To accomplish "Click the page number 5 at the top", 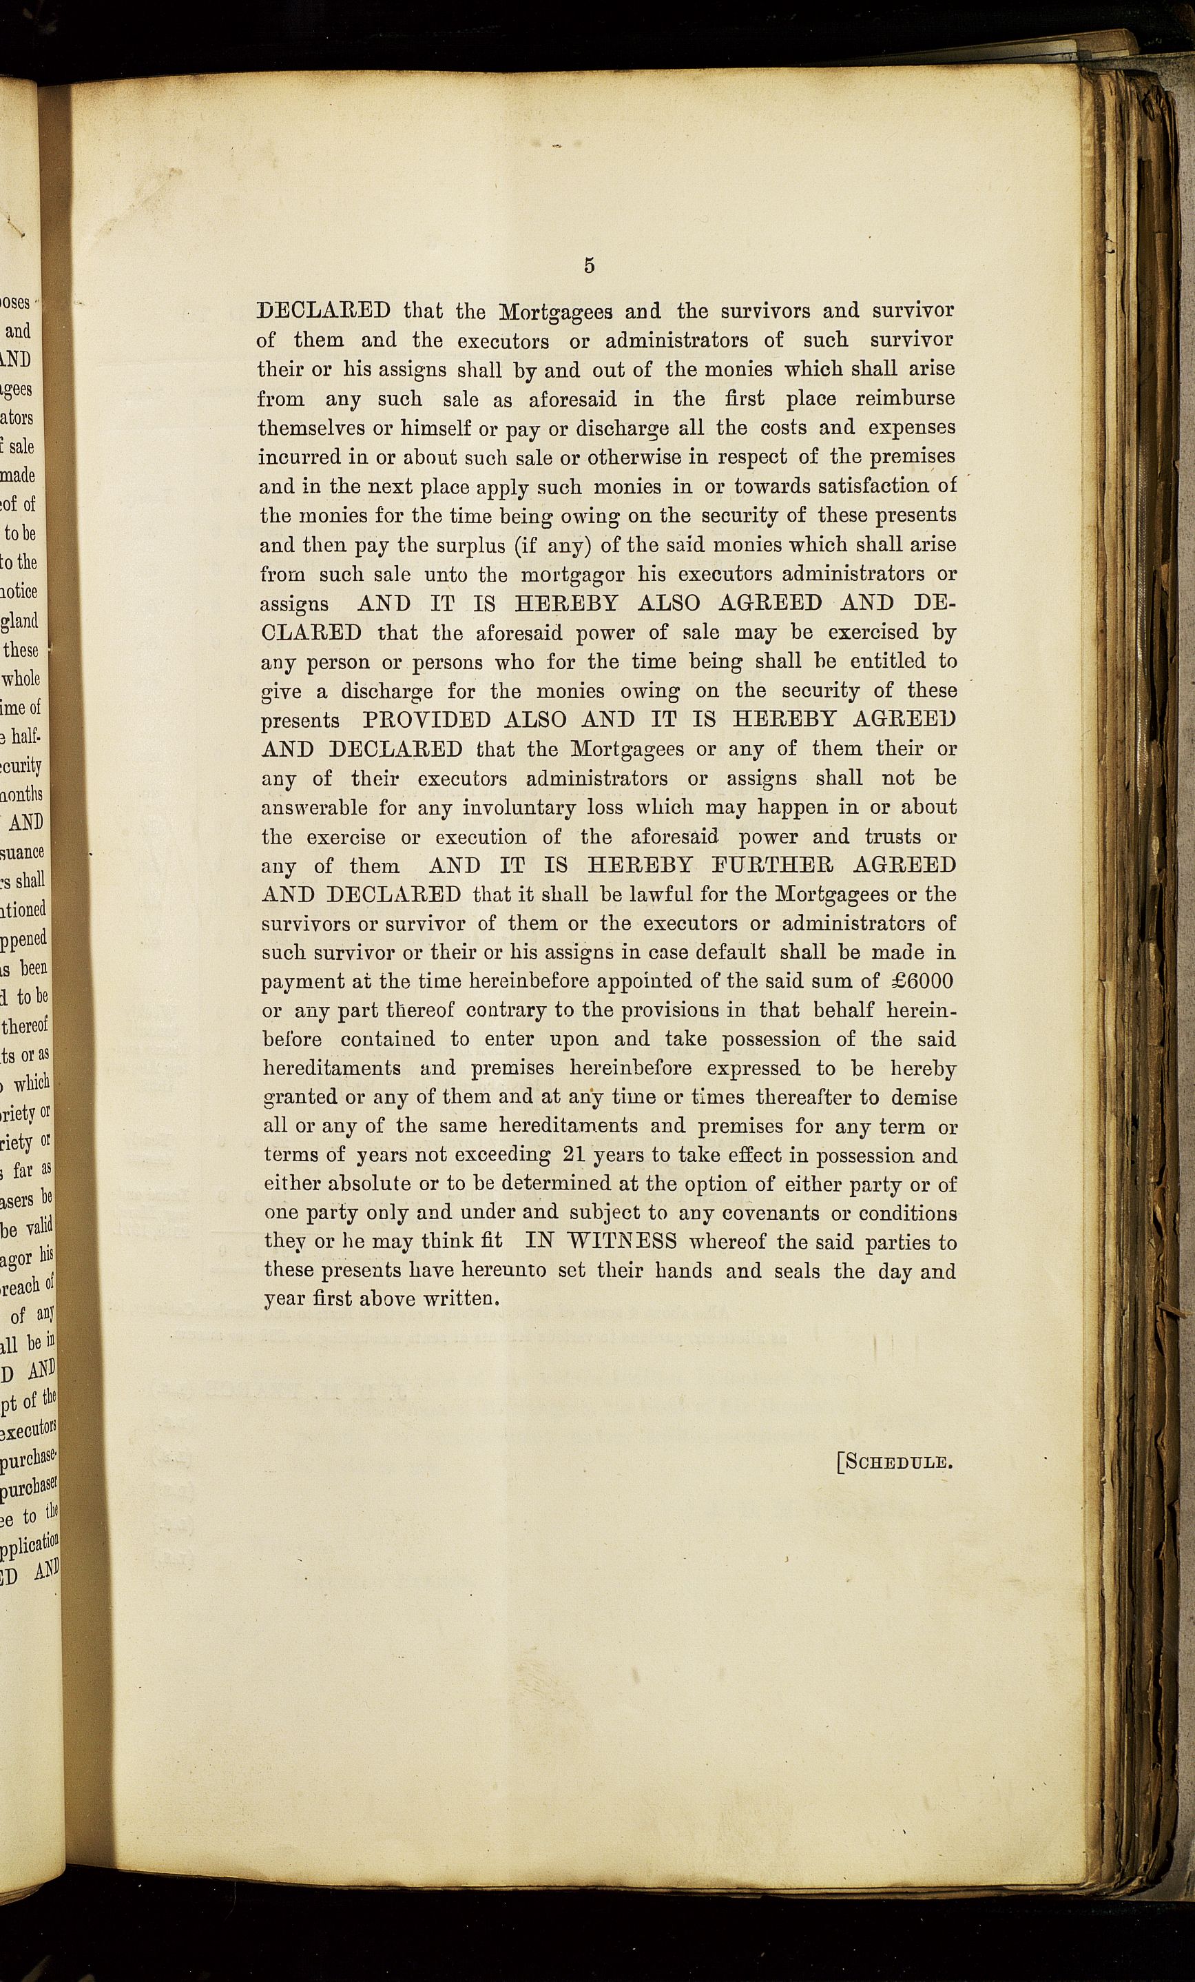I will (x=590, y=266).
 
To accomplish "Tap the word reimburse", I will (x=905, y=398).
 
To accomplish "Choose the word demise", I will (x=923, y=1097).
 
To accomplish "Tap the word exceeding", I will (x=502, y=1155).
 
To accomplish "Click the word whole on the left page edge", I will (x=20, y=679).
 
